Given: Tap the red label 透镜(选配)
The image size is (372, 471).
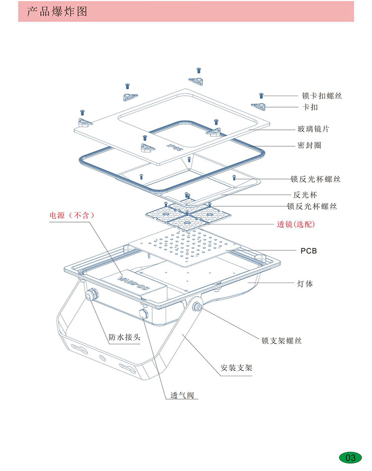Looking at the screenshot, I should coord(296,224).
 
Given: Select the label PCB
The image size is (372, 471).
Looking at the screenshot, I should coord(309,251).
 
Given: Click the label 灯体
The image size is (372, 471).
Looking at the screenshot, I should coord(305,284).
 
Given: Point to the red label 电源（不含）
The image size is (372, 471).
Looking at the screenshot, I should coord(71,215).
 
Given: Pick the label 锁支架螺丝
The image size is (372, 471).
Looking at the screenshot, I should coord(282,341).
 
